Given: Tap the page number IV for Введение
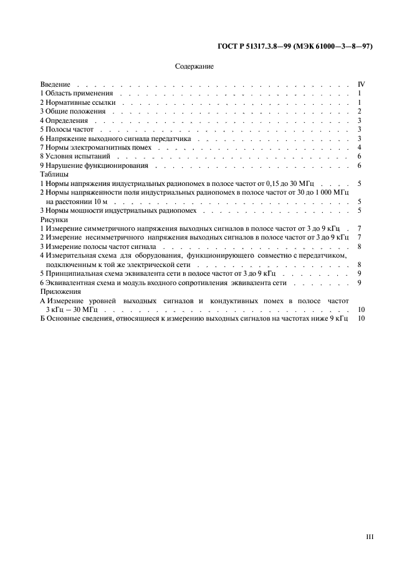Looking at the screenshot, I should tap(360, 84).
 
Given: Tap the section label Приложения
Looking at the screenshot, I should tap(58, 292).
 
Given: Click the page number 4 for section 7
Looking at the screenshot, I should tap(360, 147).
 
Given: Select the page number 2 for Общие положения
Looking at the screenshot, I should tap(360, 111).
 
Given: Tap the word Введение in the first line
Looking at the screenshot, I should tap(55, 84).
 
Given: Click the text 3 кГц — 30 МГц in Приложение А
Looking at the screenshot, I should tap(72, 310).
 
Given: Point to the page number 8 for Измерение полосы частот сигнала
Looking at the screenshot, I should tap(360, 247).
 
